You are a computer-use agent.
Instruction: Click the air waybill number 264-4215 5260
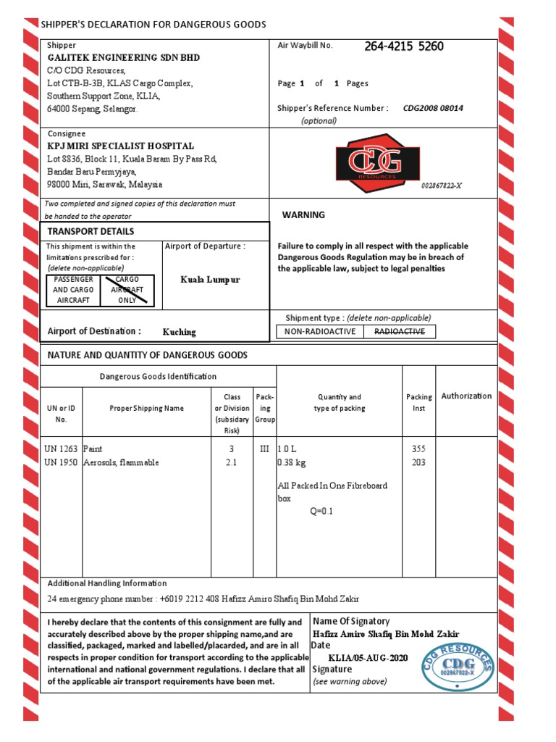[404, 47]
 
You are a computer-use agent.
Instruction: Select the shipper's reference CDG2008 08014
[433, 108]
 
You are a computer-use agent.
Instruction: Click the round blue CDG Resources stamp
[458, 665]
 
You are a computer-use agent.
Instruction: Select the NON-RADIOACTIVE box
[320, 332]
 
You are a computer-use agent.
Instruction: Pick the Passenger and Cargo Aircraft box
[72, 290]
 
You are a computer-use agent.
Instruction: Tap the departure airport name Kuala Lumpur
[210, 280]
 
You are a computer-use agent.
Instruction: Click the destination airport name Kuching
[179, 332]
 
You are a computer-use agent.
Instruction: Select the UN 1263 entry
[61, 449]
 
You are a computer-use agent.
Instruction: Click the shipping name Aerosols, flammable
[121, 462]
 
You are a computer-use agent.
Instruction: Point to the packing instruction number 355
[418, 449]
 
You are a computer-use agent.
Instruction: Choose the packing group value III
[264, 449]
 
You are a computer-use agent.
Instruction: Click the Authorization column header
[466, 396]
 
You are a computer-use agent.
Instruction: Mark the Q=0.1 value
[321, 512]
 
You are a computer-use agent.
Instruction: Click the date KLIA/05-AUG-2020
[368, 657]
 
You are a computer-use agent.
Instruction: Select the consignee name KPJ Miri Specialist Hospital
[121, 146]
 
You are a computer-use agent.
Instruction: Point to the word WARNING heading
[303, 215]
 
